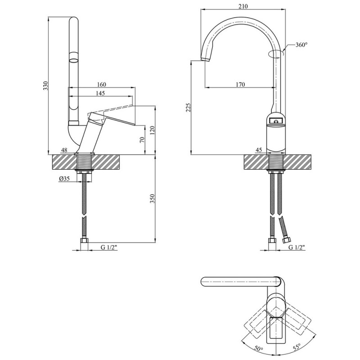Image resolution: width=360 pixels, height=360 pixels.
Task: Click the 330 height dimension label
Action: tap(45, 86)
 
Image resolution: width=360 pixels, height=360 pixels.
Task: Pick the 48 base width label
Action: tap(64, 150)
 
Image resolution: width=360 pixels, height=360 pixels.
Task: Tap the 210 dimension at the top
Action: tap(243, 6)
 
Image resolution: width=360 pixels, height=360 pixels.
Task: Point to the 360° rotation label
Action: tap(301, 45)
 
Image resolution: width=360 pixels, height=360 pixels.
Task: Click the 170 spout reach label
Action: tap(240, 84)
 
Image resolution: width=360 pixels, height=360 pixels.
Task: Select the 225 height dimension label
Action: tap(189, 108)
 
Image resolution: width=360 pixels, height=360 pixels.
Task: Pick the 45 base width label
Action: tap(259, 150)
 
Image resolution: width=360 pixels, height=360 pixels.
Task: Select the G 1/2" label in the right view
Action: tap(297, 247)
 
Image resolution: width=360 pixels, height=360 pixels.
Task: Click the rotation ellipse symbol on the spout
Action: tap(275, 54)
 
